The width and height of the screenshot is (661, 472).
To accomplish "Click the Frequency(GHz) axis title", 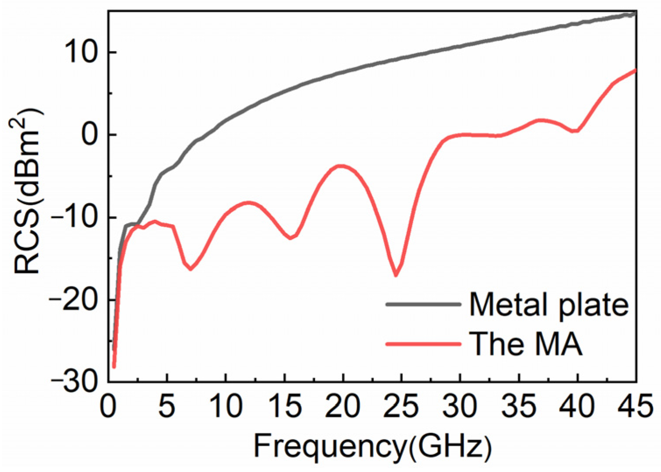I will [373, 447].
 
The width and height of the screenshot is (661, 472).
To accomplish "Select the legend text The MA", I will [526, 344].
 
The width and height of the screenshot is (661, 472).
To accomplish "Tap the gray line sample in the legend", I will [423, 304].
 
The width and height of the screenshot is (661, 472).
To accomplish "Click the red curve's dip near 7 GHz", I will [190, 269].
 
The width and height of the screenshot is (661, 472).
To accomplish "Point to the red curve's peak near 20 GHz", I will [341, 166].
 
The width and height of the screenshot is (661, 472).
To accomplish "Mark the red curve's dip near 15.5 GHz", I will [290, 238].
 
